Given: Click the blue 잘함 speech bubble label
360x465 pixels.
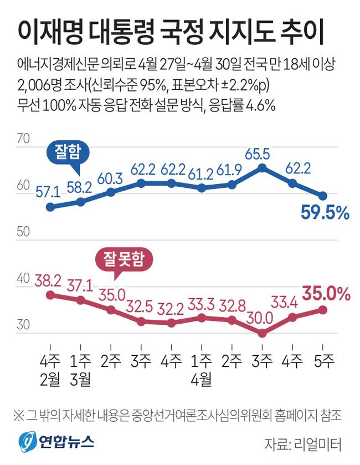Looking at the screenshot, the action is point(68,153).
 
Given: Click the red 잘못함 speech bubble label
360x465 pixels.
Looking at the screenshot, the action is point(124,259).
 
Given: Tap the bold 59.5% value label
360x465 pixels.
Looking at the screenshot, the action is point(325,213).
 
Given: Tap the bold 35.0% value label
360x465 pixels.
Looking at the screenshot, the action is point(326,294).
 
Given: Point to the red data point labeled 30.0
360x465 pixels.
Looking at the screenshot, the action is point(262,333).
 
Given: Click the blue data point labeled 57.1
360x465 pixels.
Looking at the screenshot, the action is point(50,207).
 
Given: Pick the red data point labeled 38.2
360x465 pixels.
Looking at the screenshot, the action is point(50,295).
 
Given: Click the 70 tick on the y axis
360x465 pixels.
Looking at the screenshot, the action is point(23,139).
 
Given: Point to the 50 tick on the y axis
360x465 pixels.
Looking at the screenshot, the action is point(23,231).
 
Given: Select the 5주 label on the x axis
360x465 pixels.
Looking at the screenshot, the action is point(324,361).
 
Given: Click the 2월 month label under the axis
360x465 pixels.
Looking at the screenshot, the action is point(50,379).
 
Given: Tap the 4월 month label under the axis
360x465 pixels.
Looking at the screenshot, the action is point(202,379).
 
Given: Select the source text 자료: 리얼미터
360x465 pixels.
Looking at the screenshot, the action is point(303,444).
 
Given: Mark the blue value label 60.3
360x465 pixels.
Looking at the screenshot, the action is point(110,178).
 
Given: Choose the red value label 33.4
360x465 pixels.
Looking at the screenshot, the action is point(284,302).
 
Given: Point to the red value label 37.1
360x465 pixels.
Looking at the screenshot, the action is point(80,286).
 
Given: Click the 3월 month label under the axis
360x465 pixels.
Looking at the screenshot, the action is point(80,379).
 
